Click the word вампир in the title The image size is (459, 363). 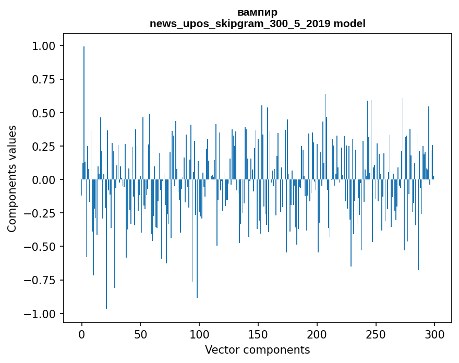(x=257, y=12)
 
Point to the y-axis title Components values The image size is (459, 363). (x=12, y=178)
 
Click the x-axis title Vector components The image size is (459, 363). (x=257, y=349)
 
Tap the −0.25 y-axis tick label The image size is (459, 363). (x=41, y=213)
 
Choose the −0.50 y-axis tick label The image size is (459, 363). (x=41, y=246)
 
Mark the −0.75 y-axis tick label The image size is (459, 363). (x=41, y=280)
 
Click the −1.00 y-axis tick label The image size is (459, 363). (x=41, y=313)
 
